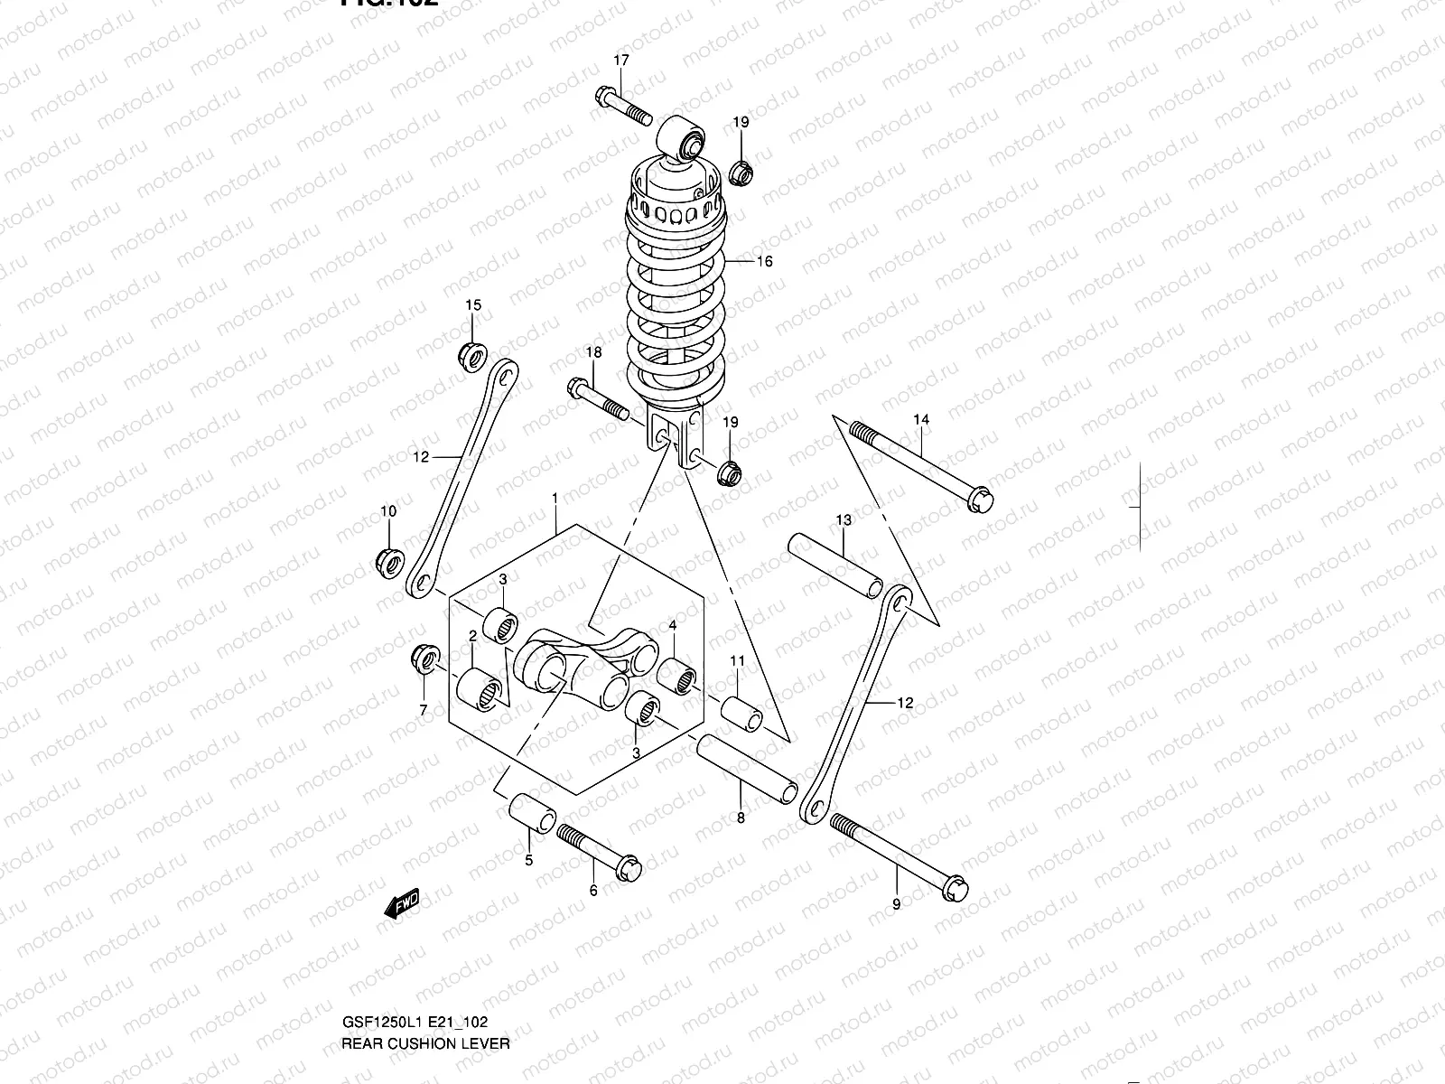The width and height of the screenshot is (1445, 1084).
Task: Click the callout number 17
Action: point(621,61)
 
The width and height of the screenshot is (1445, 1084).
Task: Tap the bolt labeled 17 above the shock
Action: point(623,107)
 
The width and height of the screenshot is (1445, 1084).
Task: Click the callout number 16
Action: point(764,262)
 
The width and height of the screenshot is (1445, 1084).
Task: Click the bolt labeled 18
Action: point(597,400)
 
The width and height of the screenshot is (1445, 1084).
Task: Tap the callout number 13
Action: point(844,520)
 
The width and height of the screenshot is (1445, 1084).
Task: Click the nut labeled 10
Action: point(388,560)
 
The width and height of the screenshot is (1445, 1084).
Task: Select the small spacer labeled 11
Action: point(741,711)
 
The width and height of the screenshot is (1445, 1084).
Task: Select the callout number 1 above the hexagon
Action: point(555,498)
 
